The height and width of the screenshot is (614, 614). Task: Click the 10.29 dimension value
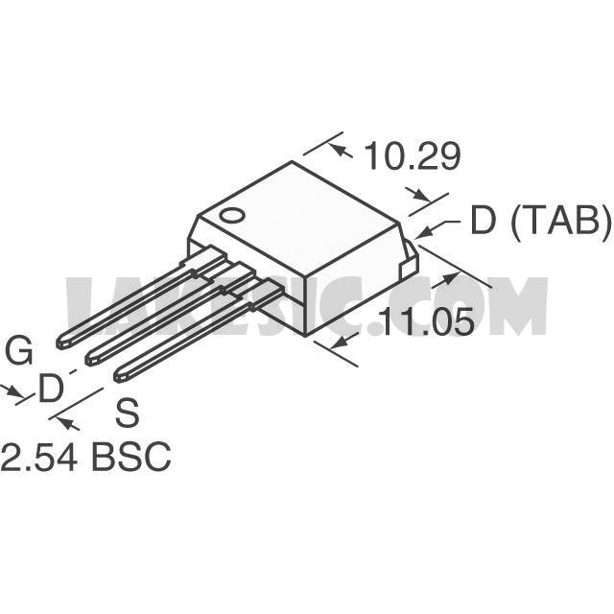pos(413,156)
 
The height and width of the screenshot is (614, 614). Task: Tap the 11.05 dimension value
pos(427,322)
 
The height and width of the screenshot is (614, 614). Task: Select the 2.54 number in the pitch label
pos(38,457)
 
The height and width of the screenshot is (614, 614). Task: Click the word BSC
pos(131,457)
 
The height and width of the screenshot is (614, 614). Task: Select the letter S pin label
pos(128,413)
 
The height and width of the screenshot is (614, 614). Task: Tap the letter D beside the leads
pos(51,388)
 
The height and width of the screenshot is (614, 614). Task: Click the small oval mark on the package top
pos(232,215)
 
